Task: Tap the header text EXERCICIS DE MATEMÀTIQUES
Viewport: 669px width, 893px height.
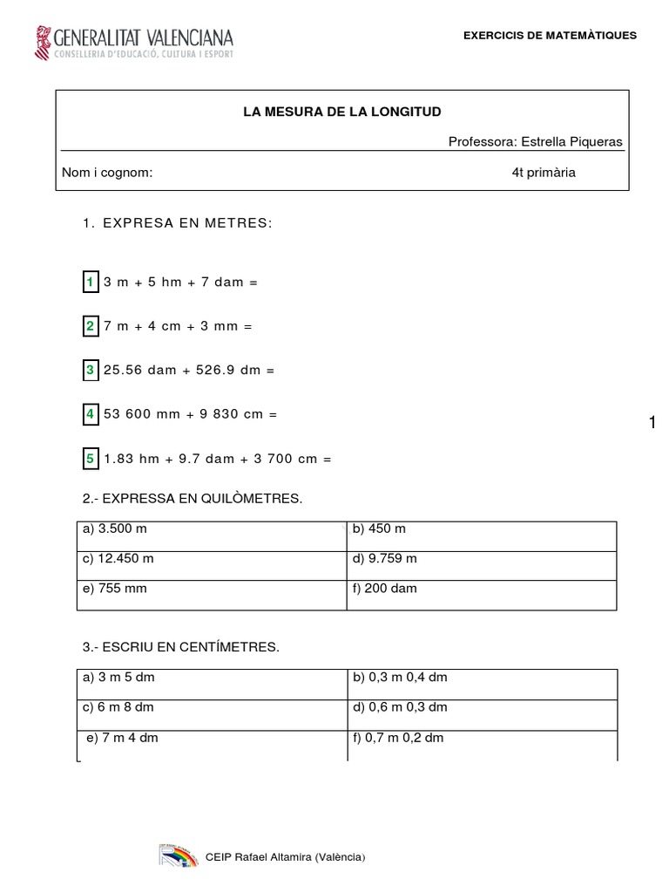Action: [550, 36]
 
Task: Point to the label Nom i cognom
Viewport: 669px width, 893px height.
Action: [107, 172]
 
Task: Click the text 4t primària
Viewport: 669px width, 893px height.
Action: [544, 172]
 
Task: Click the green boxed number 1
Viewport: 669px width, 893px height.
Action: [90, 282]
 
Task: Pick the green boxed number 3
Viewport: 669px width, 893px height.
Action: [90, 370]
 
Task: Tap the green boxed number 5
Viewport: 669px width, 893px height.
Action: [90, 458]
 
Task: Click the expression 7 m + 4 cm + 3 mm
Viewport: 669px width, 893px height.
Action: [177, 326]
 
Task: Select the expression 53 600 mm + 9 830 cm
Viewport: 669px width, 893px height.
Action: [190, 414]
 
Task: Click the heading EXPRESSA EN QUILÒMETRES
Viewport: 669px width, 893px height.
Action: [193, 498]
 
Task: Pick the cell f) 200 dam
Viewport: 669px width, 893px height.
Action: [384, 588]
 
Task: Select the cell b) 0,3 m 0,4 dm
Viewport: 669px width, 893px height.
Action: [400, 678]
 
